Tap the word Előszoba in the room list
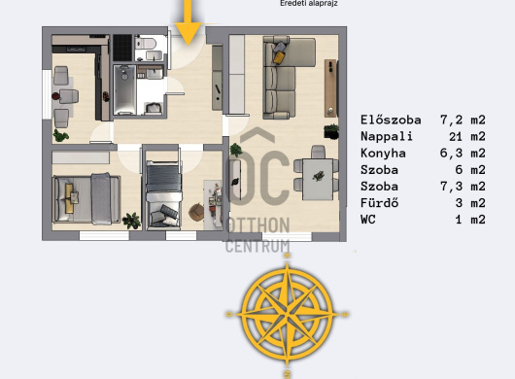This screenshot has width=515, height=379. tap(391, 120)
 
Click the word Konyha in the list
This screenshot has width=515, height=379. tap(383, 154)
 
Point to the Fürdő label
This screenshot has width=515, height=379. tap(379, 203)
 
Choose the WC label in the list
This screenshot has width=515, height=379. tap(368, 220)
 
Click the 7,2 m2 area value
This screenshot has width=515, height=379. tap(463, 120)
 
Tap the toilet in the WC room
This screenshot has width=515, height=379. tap(146, 43)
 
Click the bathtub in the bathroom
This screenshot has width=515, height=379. tap(124, 89)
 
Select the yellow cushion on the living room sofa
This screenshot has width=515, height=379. tap(279, 57)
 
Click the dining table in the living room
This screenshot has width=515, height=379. tap(318, 180)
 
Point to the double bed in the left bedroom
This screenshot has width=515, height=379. tap(86, 198)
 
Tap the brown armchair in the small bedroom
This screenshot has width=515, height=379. tap(196, 212)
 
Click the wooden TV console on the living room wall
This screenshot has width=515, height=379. tap(330, 88)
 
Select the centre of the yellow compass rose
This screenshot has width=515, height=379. tap(288, 314)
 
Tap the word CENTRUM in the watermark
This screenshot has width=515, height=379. tap(257, 246)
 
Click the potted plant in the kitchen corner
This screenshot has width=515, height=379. tap(61, 135)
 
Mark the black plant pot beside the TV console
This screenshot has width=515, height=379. tap(331, 132)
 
